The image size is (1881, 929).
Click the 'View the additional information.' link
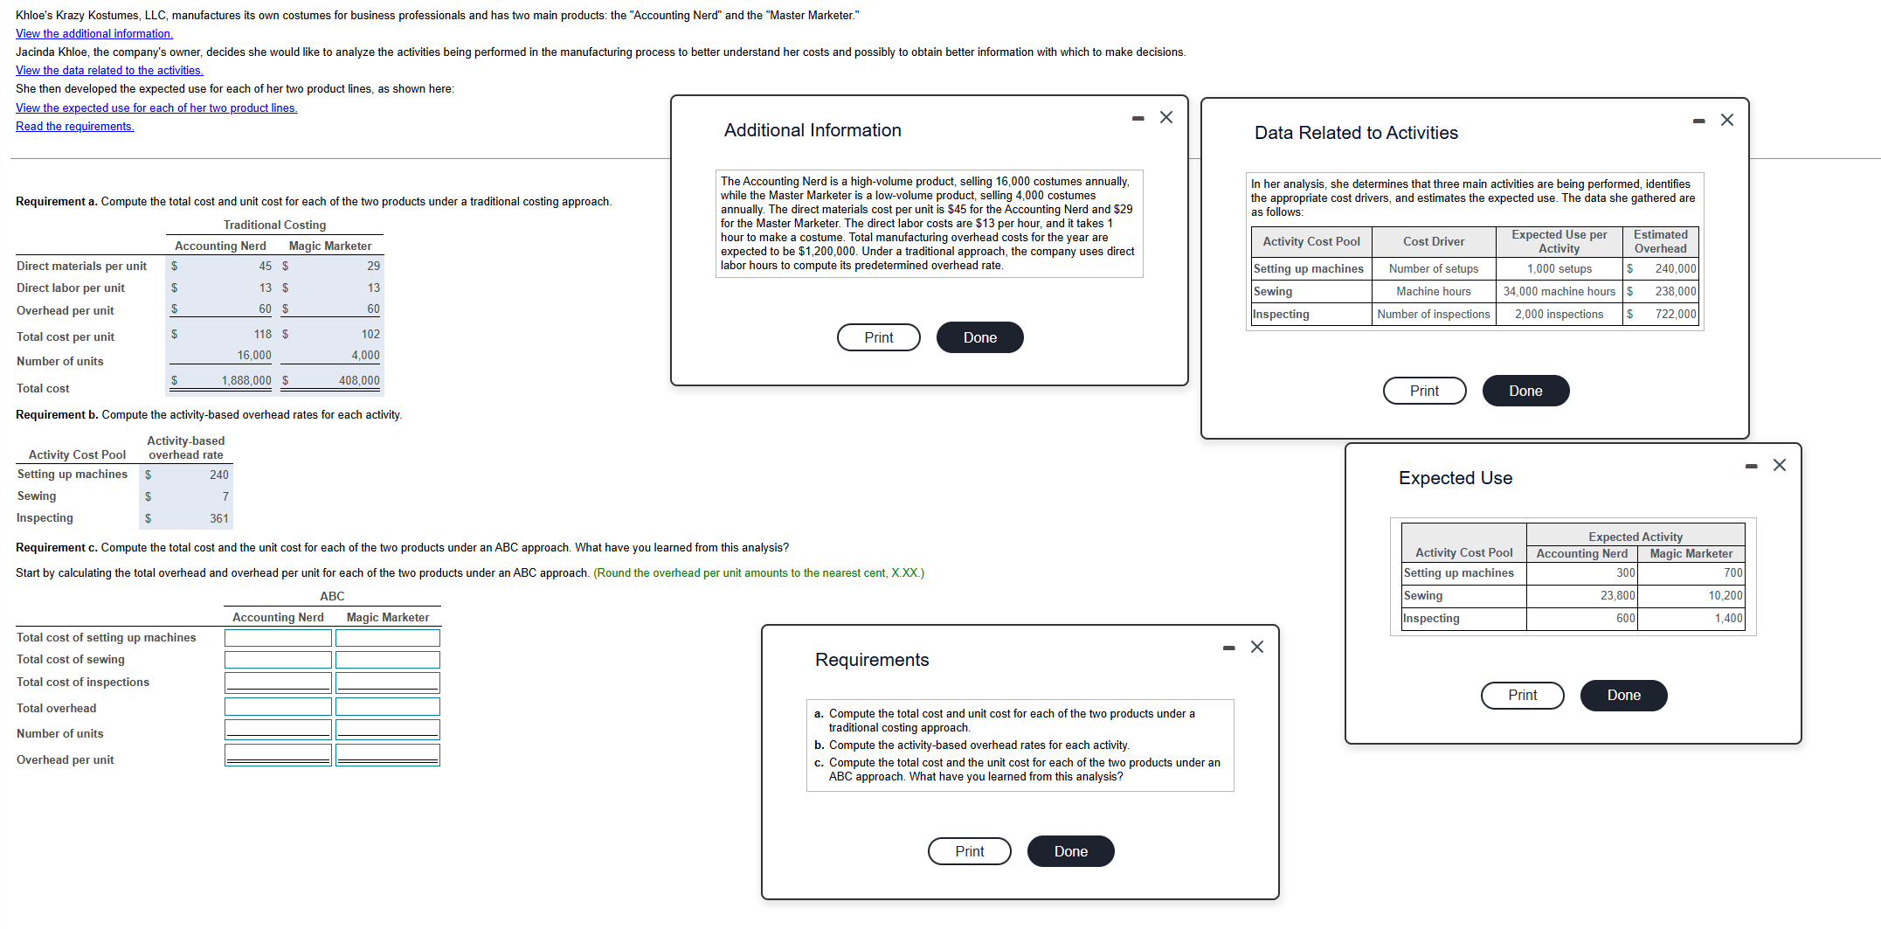tap(94, 33)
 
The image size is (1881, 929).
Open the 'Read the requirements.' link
tap(75, 126)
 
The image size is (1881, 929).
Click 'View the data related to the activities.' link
tap(109, 70)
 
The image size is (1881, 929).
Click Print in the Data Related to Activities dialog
tap(1424, 391)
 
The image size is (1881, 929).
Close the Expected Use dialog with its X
tap(1780, 465)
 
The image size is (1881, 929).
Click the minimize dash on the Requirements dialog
tap(1228, 648)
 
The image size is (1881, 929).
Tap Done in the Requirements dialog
tap(1070, 851)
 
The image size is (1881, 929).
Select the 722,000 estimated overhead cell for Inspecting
tap(1674, 314)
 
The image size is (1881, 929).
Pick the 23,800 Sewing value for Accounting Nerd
tap(1617, 595)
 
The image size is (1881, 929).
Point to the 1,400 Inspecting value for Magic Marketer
tap(1727, 618)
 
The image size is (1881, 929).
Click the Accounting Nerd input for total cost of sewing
tap(278, 660)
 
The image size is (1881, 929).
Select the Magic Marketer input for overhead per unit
tap(388, 755)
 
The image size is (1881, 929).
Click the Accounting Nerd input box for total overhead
tap(278, 706)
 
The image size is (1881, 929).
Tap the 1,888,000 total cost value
tap(245, 380)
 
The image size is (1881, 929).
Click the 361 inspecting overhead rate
tap(218, 518)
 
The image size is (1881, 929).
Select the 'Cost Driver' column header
tap(1433, 241)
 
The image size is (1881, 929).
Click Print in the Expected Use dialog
tap(1522, 695)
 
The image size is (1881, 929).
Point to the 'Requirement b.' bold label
tap(56, 414)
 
